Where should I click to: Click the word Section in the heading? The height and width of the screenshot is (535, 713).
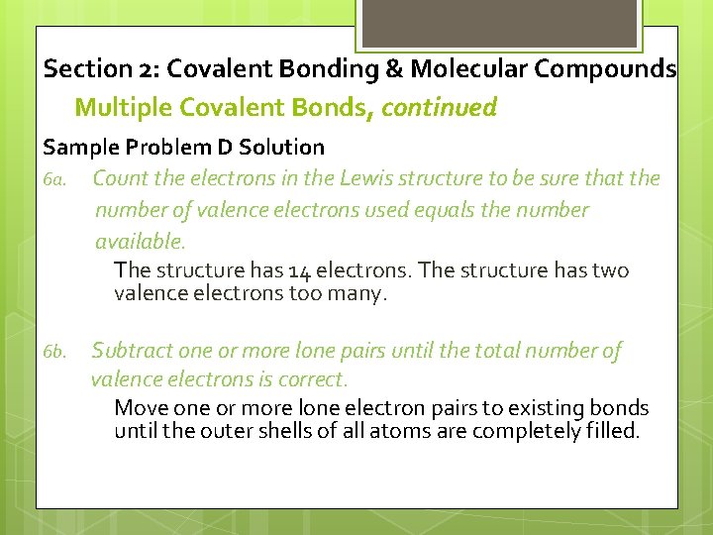86,69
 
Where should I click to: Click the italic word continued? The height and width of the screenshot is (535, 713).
439,107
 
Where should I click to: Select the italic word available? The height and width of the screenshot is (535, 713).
139,242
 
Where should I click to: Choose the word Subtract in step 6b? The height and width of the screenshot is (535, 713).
130,351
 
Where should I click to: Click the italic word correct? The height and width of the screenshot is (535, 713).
315,379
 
